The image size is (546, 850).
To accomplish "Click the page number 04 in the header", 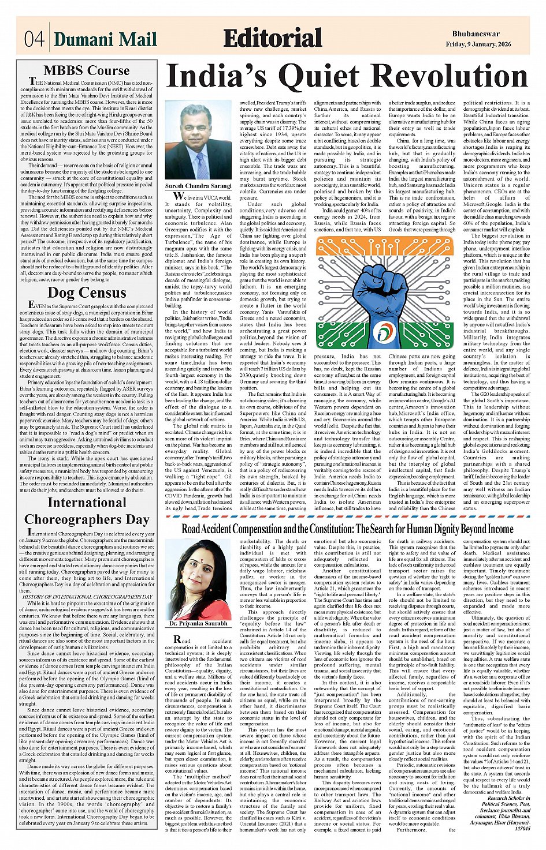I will pos(34,40).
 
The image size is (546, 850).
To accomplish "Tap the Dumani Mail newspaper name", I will pos(106,39).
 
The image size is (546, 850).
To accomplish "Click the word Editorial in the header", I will pos(272,38).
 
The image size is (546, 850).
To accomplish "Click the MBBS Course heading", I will pos(87,70).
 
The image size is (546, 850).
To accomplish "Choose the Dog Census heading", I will pos(87,293).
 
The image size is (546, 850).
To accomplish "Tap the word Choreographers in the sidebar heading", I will pos(87,519).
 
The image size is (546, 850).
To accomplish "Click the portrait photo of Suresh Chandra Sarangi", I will pos(198,142).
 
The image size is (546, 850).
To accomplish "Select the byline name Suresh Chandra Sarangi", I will pos(198,186).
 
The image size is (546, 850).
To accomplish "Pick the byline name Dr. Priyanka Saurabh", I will pos(198,624).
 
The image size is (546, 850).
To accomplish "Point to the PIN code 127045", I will pos(522,827).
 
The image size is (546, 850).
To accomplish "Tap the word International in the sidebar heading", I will pos(87,503).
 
